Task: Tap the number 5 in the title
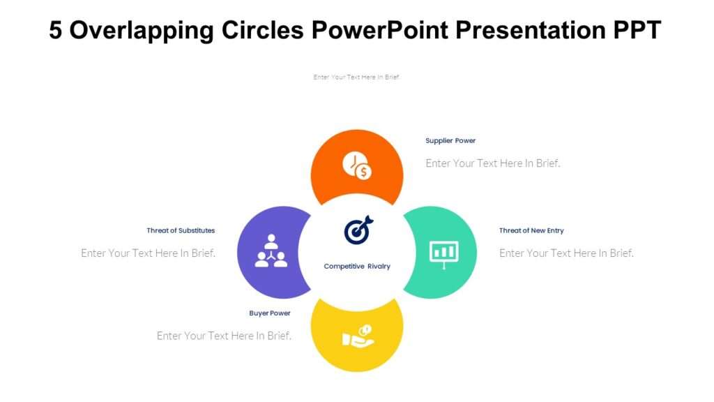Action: [x=56, y=31]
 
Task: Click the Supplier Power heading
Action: [x=450, y=141]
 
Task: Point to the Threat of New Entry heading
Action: [x=531, y=230]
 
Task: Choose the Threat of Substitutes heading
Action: [x=181, y=230]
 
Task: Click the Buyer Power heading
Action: [x=270, y=313]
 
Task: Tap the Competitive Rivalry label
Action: [x=357, y=267]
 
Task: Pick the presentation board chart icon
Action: [x=443, y=253]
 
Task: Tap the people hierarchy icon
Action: [x=271, y=251]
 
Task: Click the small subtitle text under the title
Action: [x=357, y=77]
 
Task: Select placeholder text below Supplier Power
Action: [x=493, y=163]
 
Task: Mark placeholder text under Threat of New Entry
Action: [x=566, y=253]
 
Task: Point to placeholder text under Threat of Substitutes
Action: [x=148, y=253]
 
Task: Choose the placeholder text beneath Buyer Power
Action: [x=224, y=336]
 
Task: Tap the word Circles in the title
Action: [x=262, y=31]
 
